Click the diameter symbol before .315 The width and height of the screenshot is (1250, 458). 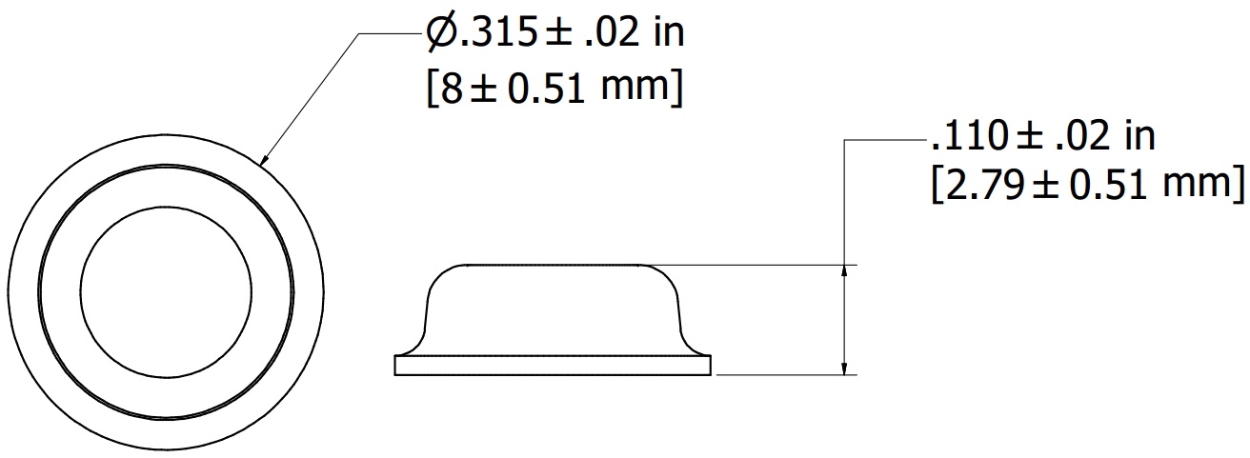pyautogui.click(x=442, y=33)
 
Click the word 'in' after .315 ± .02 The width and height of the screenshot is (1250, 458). pyautogui.click(x=669, y=33)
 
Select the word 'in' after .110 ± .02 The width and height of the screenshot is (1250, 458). pyautogui.click(x=1139, y=137)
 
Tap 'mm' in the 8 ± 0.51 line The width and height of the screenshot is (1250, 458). pyautogui.click(x=635, y=90)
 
